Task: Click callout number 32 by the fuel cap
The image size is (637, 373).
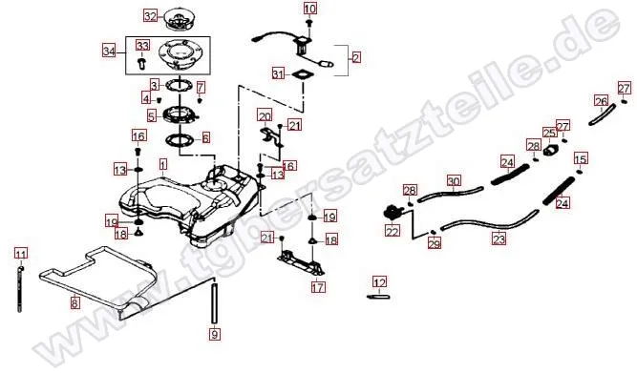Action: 150,15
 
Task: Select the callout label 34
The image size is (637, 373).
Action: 108,51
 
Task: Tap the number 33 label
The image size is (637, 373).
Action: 142,45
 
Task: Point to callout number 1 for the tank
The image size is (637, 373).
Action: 163,165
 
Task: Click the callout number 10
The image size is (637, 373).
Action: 308,9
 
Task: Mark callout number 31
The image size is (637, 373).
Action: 278,73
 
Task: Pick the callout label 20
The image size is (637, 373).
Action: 265,116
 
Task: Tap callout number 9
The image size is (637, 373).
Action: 215,335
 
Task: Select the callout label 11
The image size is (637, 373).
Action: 20,253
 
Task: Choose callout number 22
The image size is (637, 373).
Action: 392,230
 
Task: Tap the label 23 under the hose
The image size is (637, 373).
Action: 499,241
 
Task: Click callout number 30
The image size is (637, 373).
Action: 454,180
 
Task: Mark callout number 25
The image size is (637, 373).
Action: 549,133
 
